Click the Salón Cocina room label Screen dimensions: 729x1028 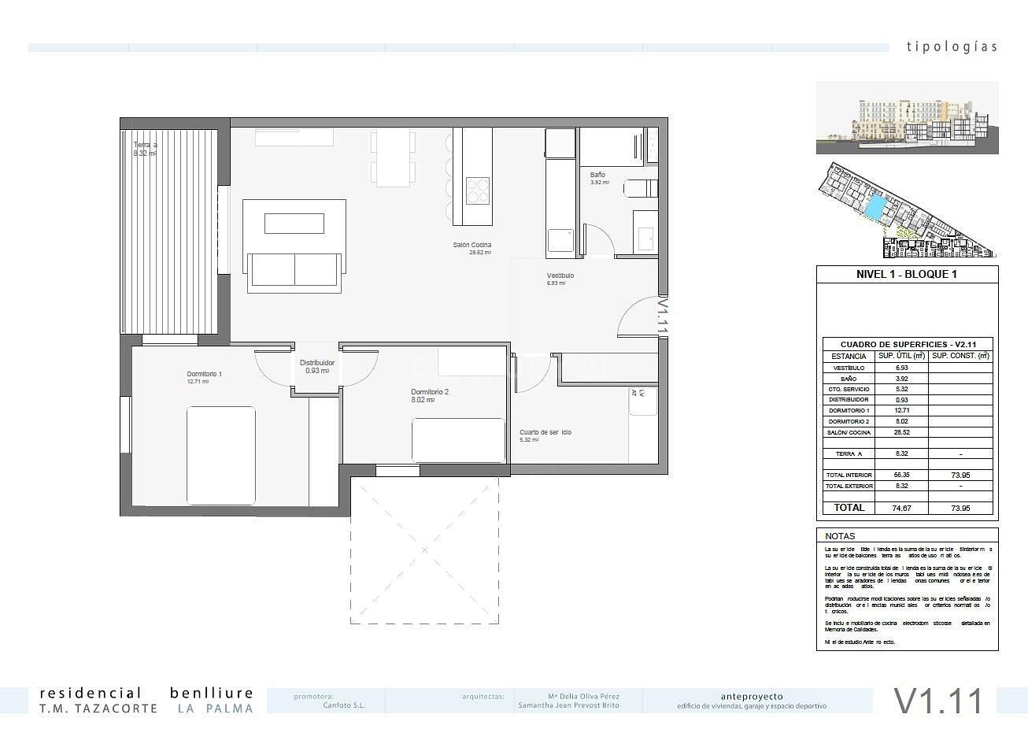point(471,246)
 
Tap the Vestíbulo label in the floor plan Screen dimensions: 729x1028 point(560,276)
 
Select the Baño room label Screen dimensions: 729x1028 point(597,176)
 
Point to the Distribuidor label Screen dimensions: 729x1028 point(317,363)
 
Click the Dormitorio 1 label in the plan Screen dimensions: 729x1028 point(204,374)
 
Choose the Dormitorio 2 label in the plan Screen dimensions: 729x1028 point(429,392)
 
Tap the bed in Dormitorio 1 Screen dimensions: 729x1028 point(221,454)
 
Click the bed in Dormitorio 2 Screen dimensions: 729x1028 point(458,440)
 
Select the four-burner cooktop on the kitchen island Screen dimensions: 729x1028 point(477,191)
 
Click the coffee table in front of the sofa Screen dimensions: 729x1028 point(294,224)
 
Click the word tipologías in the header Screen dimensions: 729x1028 point(951,46)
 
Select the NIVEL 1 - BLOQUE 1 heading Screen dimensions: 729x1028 point(906,275)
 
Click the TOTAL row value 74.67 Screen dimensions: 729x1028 point(901,509)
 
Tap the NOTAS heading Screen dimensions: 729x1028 point(840,536)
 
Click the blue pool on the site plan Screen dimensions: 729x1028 point(875,208)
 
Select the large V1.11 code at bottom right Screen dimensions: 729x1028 point(938,701)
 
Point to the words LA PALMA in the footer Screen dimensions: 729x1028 point(215,709)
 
